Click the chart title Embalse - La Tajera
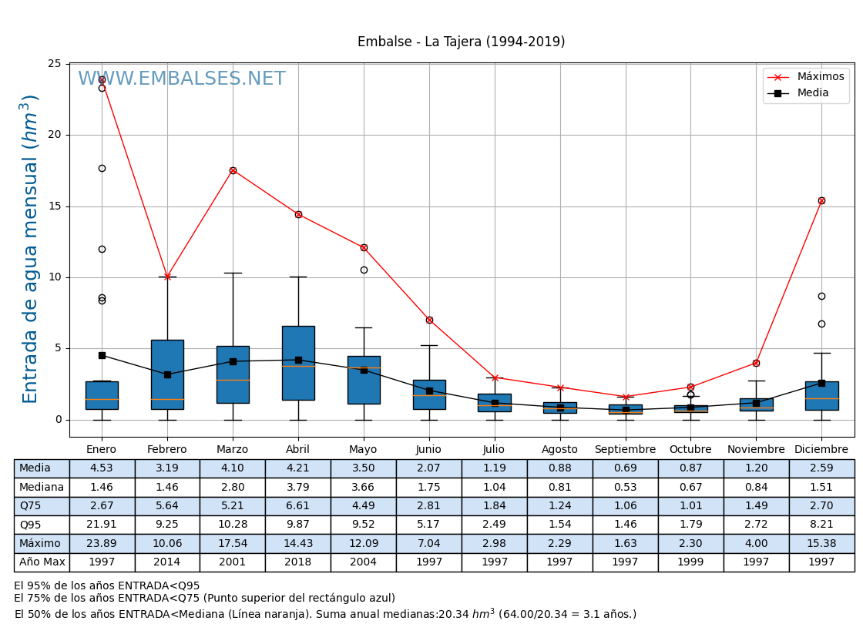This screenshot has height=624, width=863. pyautogui.click(x=461, y=42)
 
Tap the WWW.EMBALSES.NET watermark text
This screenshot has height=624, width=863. pyautogui.click(x=182, y=79)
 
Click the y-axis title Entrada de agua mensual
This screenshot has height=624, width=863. pyautogui.click(x=30, y=248)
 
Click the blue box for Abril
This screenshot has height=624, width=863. pyautogui.click(x=298, y=363)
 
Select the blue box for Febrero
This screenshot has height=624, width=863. pyautogui.click(x=167, y=374)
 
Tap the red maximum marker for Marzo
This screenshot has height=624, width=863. pyautogui.click(x=233, y=170)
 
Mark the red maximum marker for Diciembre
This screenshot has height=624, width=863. pyautogui.click(x=821, y=200)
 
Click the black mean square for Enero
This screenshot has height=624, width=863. pyautogui.click(x=102, y=355)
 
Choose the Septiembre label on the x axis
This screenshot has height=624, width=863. pyautogui.click(x=625, y=450)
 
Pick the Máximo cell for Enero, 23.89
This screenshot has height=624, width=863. pyautogui.click(x=102, y=544)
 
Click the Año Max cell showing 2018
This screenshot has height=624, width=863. pyautogui.click(x=298, y=562)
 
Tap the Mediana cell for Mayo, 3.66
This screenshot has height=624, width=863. pyautogui.click(x=364, y=488)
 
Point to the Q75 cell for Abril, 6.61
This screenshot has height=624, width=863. pyautogui.click(x=298, y=506)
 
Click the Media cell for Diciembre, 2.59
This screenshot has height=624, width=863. pyautogui.click(x=821, y=468)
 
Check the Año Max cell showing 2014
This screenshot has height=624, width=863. pyautogui.click(x=167, y=562)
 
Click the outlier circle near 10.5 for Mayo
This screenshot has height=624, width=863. pyautogui.click(x=364, y=270)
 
